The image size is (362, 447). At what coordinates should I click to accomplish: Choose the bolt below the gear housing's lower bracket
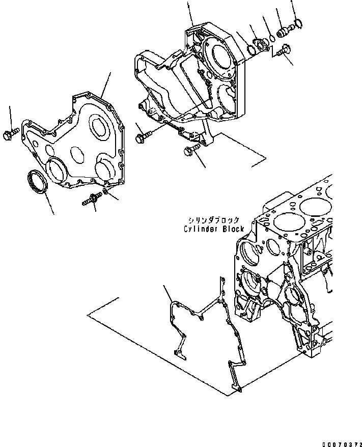[x=190, y=151]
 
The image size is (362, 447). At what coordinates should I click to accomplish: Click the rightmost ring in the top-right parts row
[x=299, y=22]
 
